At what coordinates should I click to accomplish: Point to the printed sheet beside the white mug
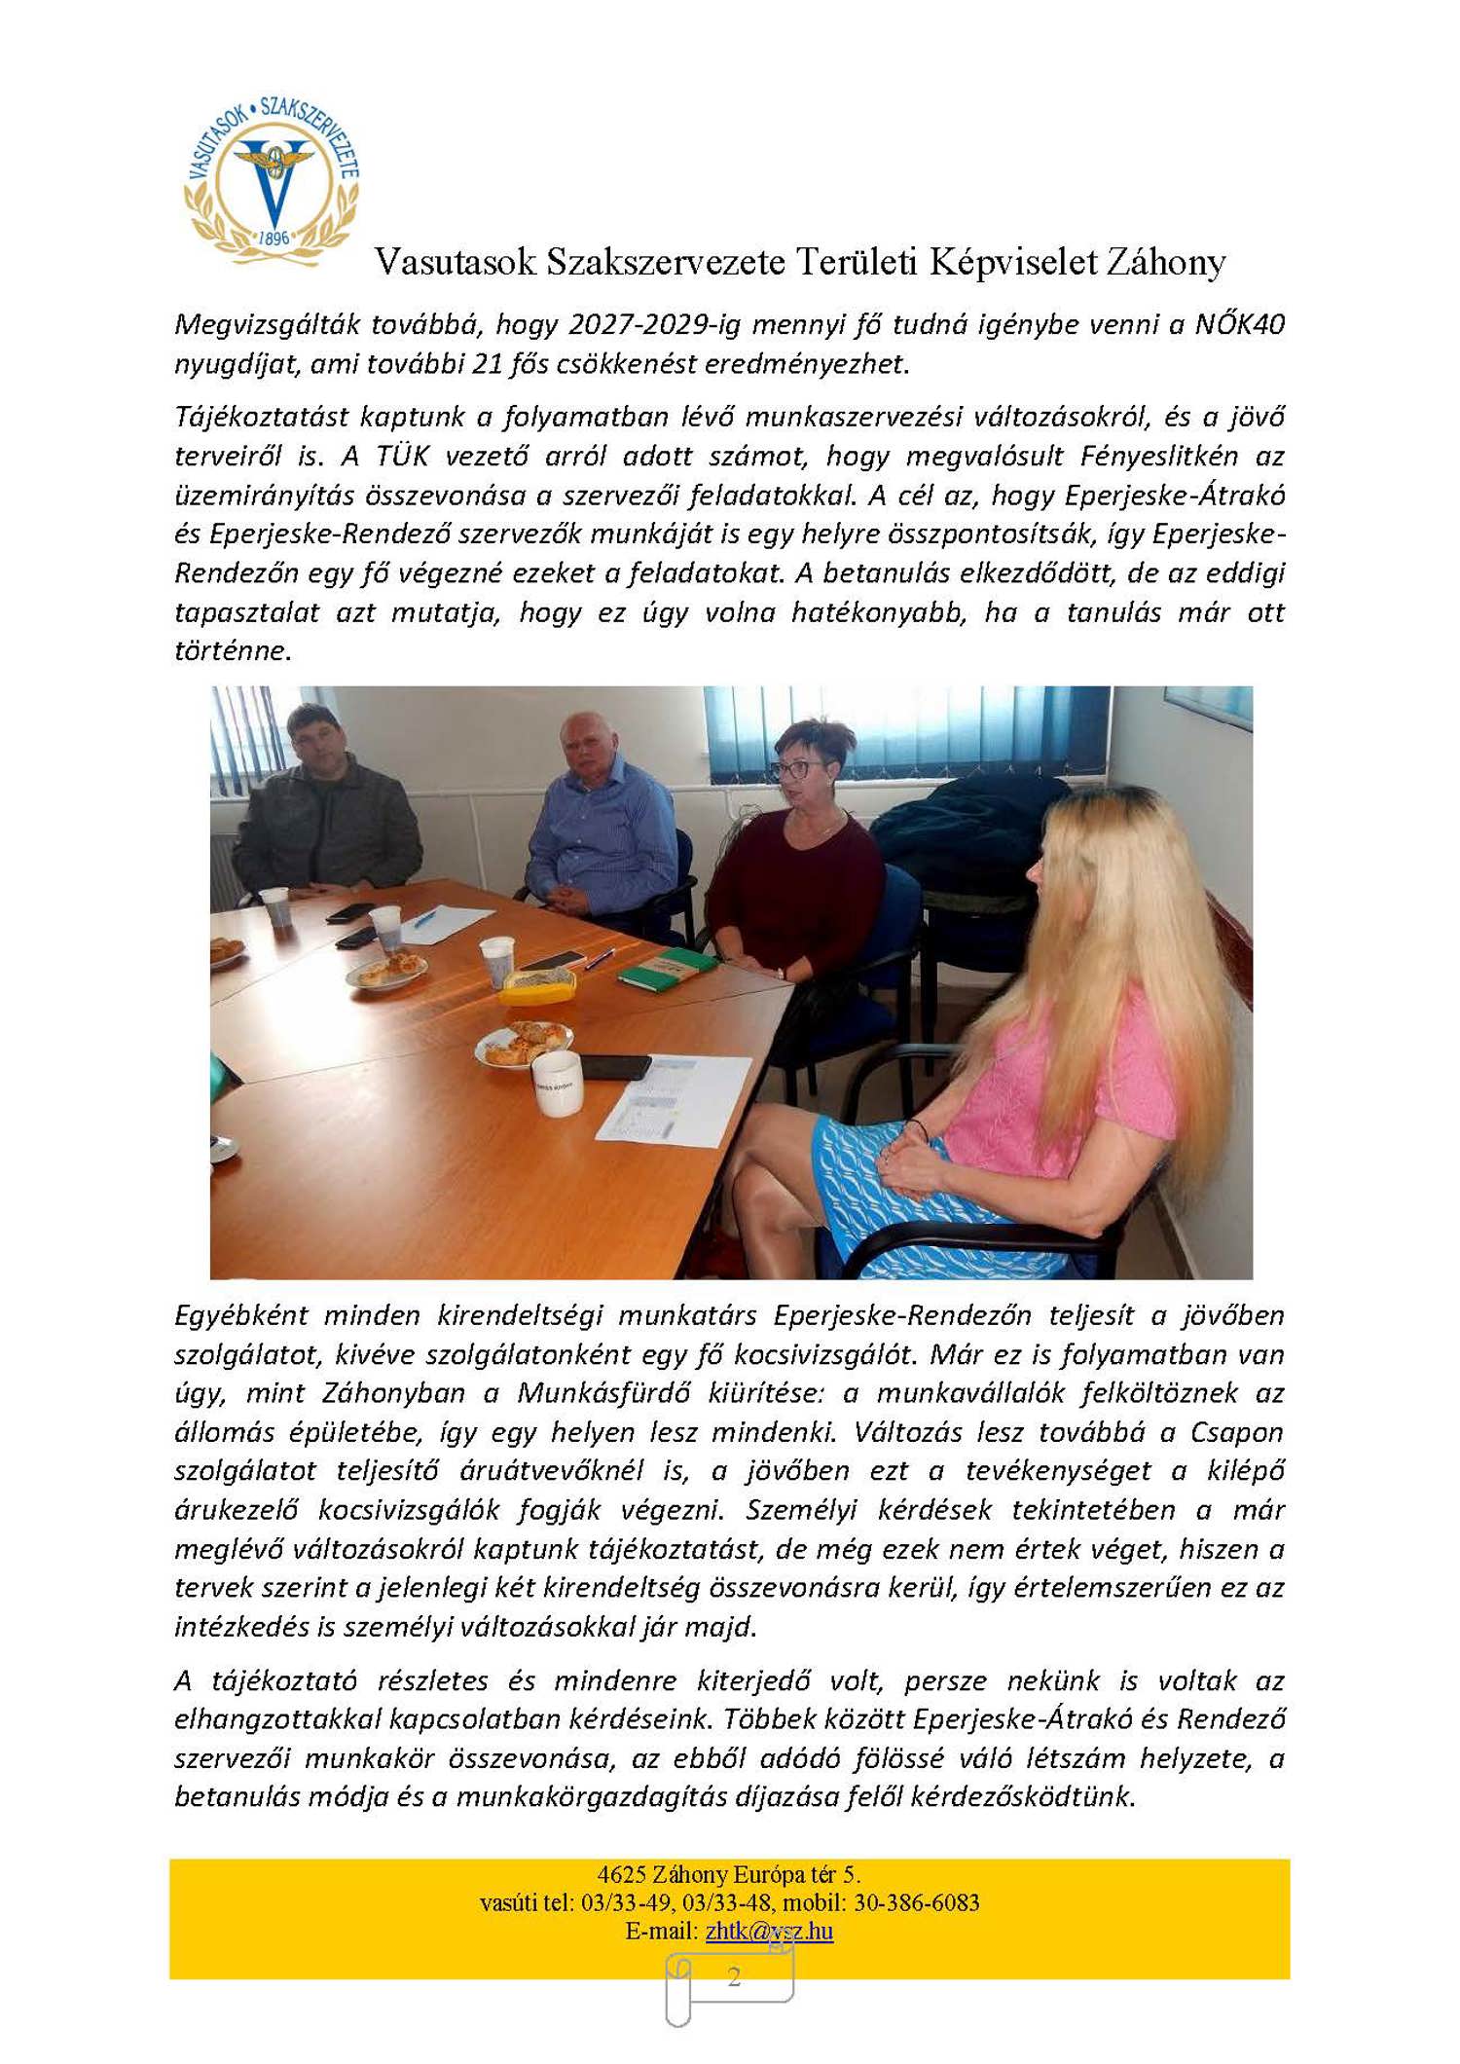click(x=674, y=1098)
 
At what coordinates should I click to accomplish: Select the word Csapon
click(x=1236, y=1432)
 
